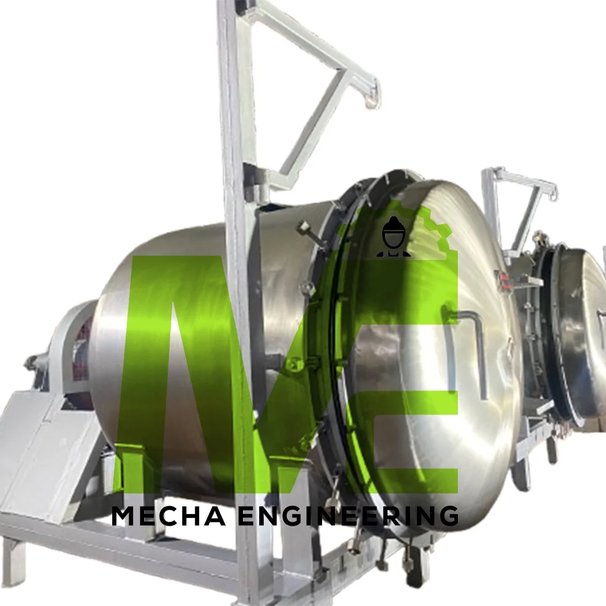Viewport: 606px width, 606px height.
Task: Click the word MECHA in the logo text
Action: [168, 516]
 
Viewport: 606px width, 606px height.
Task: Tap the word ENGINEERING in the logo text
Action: [348, 516]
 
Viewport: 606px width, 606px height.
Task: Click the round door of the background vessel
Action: [581, 331]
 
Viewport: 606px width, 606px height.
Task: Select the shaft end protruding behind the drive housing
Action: [31, 362]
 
